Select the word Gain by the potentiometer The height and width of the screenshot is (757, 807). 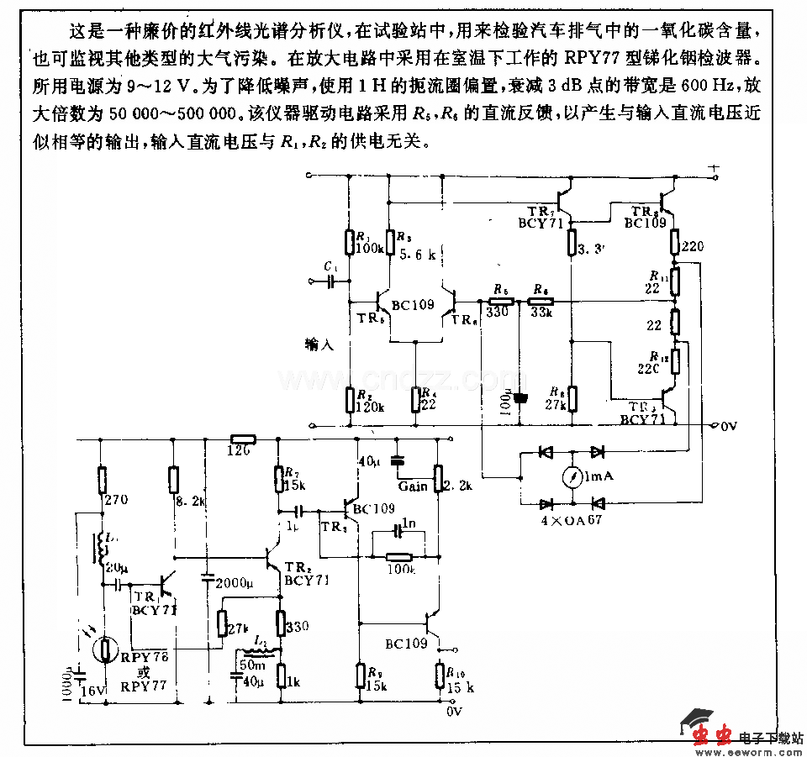[x=413, y=486]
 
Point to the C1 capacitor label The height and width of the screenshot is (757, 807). [x=330, y=266]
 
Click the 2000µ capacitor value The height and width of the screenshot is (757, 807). [x=231, y=582]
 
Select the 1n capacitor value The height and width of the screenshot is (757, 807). [x=409, y=523]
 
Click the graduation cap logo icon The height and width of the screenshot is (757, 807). [x=698, y=720]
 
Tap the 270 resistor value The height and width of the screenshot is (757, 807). [x=117, y=498]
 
